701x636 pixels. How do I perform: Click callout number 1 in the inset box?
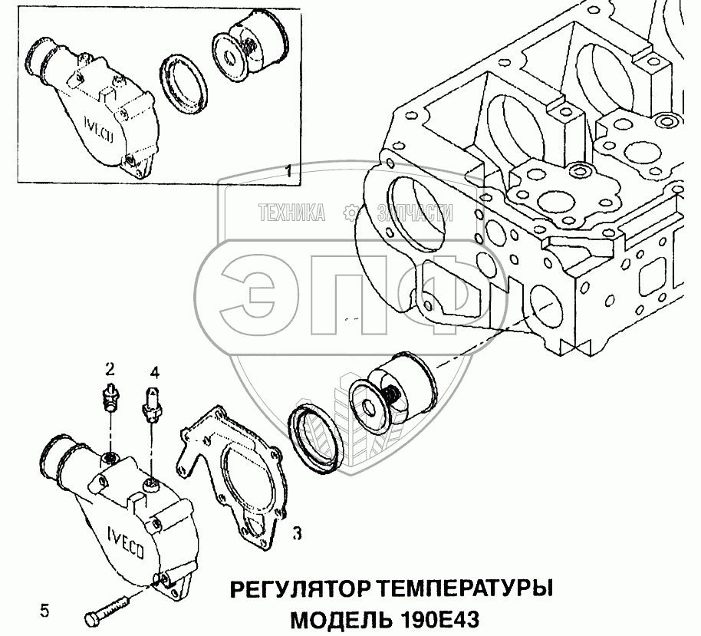pos(289,170)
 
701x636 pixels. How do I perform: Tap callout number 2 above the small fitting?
pos(110,369)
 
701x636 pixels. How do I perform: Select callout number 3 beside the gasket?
pos(297,532)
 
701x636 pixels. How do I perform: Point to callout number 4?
pos(154,372)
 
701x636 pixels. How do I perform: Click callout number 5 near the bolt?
pos(44,611)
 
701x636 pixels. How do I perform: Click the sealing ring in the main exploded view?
pos(316,440)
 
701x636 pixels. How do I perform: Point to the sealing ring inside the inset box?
pos(183,84)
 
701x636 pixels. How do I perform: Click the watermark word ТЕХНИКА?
pos(292,213)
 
